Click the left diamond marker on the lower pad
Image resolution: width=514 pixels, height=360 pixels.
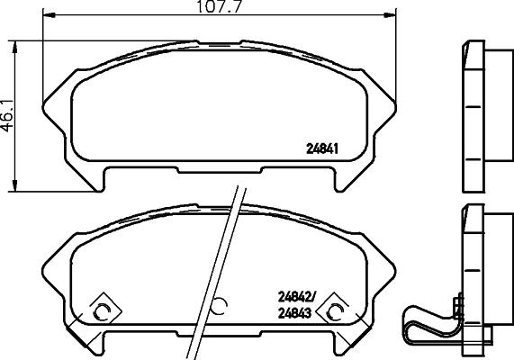(x=102, y=311)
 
